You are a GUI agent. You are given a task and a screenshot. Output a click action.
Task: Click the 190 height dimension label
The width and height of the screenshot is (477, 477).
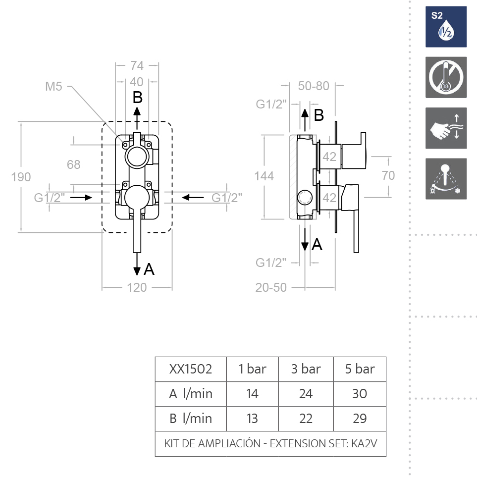point(21,177)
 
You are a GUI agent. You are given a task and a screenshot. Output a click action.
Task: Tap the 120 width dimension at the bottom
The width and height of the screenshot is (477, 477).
point(137,287)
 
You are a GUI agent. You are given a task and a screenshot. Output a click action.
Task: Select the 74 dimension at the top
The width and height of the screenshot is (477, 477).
point(137,65)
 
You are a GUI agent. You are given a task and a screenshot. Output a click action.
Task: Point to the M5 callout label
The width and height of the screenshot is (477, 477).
point(53,87)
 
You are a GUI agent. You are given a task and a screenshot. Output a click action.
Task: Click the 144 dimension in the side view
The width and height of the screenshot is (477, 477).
point(264,176)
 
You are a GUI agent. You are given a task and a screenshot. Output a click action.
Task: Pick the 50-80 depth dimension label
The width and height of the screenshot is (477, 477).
point(314,86)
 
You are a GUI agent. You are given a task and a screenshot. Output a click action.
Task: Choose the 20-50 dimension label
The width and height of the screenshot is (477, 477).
point(271,287)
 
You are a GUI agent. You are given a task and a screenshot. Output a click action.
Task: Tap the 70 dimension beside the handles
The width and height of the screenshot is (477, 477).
point(388,175)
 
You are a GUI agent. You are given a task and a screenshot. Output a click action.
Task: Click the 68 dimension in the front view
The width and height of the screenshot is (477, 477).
point(73,164)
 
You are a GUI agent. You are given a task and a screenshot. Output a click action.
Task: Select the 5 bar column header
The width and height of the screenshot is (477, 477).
point(360,369)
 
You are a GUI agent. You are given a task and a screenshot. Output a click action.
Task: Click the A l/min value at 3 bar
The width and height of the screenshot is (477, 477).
point(306,394)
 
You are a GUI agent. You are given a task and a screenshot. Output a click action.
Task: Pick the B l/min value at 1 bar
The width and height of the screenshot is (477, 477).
point(252,419)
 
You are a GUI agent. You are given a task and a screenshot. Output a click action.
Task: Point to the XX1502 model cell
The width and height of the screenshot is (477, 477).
point(191,369)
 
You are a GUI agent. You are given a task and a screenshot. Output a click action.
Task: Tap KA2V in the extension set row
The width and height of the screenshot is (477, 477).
point(364,444)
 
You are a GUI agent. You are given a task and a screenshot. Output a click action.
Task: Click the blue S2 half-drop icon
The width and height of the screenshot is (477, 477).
point(446,27)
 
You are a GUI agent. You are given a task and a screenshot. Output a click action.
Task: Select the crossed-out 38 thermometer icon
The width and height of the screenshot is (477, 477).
point(446,77)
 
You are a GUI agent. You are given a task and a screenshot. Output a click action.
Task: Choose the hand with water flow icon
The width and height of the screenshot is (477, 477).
point(446,128)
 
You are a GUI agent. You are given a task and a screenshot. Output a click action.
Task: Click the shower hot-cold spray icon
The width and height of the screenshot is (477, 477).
point(446,179)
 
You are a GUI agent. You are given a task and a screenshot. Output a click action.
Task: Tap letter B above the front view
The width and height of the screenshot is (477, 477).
point(138,97)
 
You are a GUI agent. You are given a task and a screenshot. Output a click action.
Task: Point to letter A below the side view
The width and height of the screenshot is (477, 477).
point(317,244)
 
